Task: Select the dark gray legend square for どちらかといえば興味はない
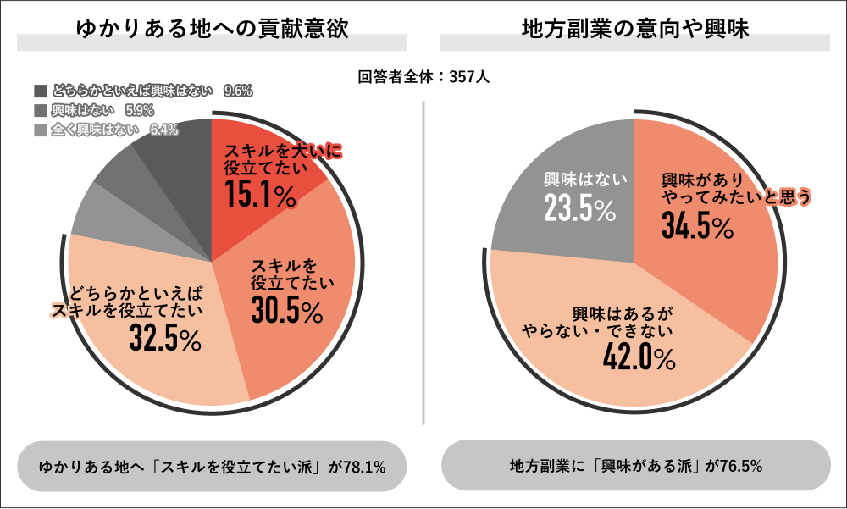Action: pos(40,91)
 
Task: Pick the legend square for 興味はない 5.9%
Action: pos(40,110)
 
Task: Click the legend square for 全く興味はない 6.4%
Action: pos(40,130)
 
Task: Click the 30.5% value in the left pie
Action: pos(287,311)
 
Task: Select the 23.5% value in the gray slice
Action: pos(579,210)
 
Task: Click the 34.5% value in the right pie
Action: pos(696,226)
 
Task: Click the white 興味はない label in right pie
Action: pos(584,179)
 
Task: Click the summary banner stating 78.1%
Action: pos(213,466)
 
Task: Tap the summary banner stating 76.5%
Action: pos(635,466)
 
